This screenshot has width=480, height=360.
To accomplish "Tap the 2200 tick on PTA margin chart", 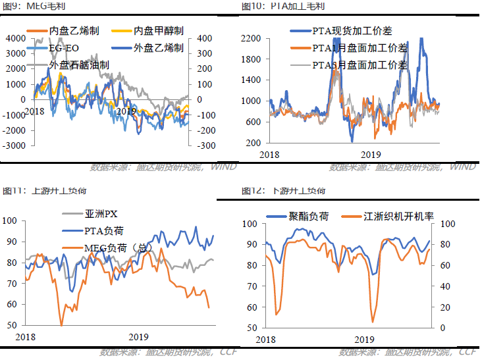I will [253, 38].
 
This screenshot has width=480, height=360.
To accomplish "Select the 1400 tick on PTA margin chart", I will [253, 80].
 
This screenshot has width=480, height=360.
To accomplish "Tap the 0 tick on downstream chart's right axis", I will [441, 328].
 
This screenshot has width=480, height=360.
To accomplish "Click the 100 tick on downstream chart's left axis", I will [251, 224].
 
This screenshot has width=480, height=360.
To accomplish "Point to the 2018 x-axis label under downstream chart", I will [266, 339].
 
